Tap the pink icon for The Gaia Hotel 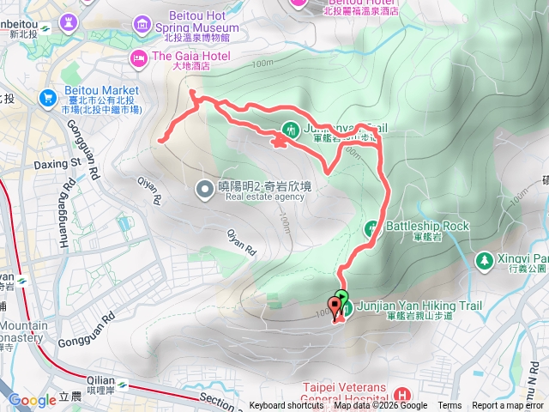tap(137, 58)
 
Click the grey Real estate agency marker tap(204, 188)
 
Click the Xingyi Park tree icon tap(485, 259)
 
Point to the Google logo tap(33, 400)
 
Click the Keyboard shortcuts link tap(286, 406)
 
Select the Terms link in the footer tap(449, 406)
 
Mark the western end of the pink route tap(160, 138)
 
